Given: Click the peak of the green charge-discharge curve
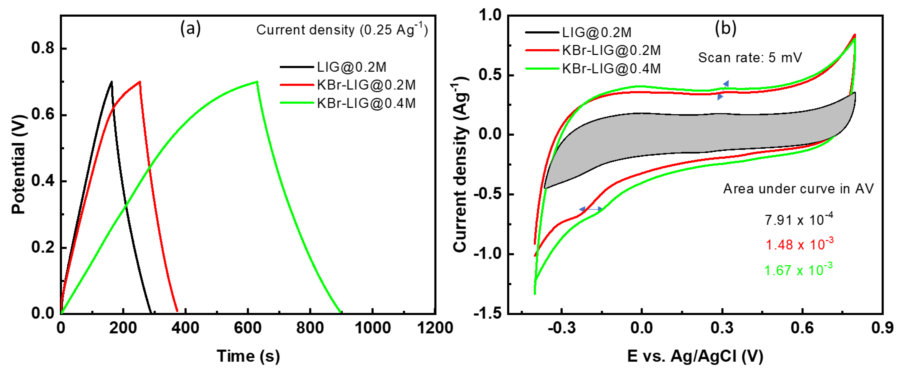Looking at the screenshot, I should point(257,81).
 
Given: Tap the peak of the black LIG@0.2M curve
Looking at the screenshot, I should point(111,81).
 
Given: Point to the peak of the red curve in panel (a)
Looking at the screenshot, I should point(140,81).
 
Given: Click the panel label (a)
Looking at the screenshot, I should point(190,28).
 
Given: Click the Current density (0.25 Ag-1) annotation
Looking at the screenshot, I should point(342,29).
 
